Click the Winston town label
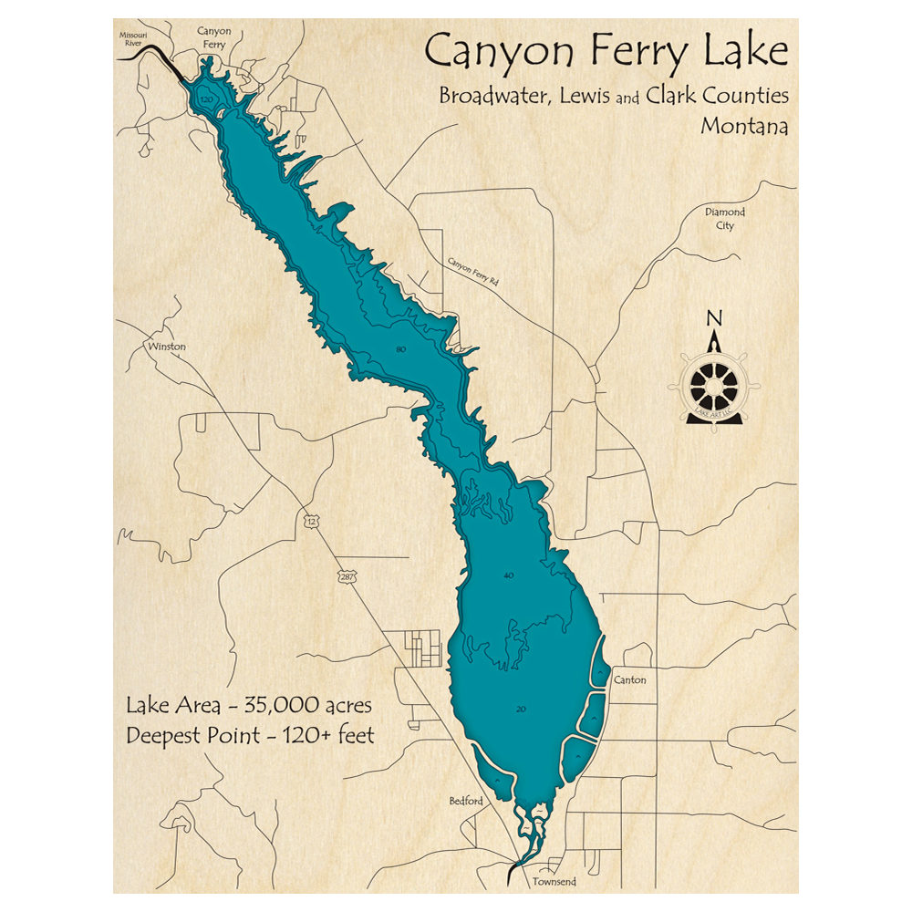(166, 347)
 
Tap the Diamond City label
(725, 219)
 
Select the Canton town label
(630, 680)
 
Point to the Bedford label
(465, 801)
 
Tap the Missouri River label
(133, 36)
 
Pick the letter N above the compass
(715, 318)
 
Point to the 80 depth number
(400, 349)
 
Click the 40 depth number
(509, 575)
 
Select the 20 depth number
(521, 709)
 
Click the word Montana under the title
(744, 126)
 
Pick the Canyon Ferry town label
(214, 36)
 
